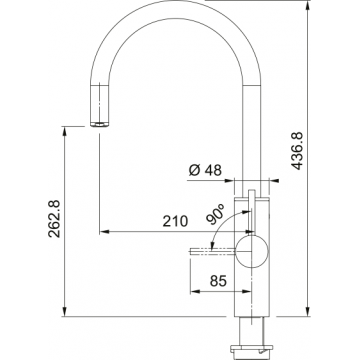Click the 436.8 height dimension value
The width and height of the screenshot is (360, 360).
click(x=297, y=151)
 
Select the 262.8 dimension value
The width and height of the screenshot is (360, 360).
click(x=54, y=218)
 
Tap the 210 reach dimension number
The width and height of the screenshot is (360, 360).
click(x=175, y=221)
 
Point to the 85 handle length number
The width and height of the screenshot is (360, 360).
click(x=218, y=281)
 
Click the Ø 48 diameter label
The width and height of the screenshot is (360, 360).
click(x=205, y=170)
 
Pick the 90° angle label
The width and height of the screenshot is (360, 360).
click(x=215, y=214)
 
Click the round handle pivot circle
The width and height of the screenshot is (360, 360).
click(x=252, y=251)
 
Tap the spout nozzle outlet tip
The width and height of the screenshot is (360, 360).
click(x=99, y=124)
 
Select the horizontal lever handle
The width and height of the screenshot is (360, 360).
click(x=213, y=251)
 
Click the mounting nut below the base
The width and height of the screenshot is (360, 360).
click(x=251, y=348)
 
